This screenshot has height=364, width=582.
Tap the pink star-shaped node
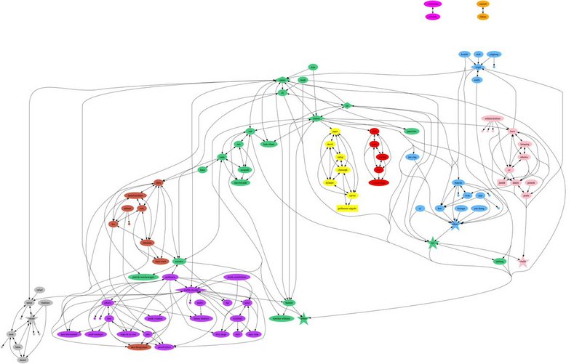pos(522,260)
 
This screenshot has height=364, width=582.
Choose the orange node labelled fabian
pos(483,16)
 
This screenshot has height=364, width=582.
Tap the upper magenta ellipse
pos(434,4)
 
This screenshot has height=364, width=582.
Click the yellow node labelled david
pos(330,145)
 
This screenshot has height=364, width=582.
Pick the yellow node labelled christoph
pos(343,169)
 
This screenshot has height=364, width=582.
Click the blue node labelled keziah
pos(464,54)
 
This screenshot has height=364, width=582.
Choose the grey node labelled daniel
pos(23,358)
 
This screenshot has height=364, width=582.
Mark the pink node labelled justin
pos(532,183)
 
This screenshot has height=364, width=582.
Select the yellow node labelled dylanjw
pos(330,182)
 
